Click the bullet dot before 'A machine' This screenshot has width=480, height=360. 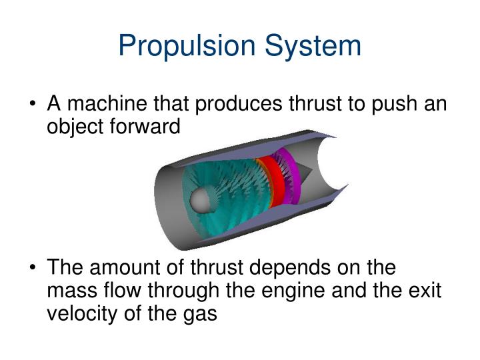click(33, 105)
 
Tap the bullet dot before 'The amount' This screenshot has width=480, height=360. click(33, 269)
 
